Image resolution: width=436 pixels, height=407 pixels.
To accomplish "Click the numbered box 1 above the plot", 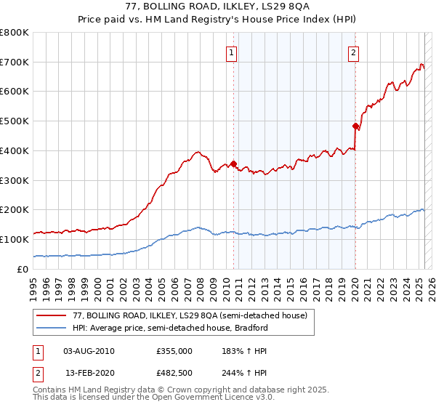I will click(x=231, y=52).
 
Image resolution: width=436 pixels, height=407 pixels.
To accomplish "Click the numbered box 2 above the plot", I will click(x=353, y=52).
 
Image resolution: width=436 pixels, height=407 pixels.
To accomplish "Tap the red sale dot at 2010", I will click(x=233, y=164).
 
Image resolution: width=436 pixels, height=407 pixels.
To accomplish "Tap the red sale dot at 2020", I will click(x=355, y=126).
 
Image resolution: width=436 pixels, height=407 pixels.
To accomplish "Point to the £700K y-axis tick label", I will click(x=15, y=63).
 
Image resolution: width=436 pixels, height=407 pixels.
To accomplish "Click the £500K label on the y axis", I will click(x=15, y=121).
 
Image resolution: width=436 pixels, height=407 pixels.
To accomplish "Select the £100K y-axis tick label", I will click(x=15, y=239).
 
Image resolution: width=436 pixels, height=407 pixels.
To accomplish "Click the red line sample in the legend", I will click(x=52, y=315).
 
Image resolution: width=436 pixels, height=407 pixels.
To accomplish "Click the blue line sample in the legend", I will click(x=52, y=328).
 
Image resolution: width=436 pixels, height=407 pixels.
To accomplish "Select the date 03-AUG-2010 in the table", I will click(x=89, y=351).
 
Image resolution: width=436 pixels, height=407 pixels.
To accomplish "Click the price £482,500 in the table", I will click(x=174, y=373).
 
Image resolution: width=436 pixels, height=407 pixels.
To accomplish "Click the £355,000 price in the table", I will click(x=174, y=351).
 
